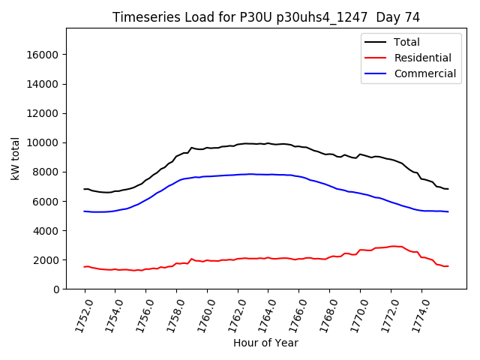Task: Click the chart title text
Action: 265,17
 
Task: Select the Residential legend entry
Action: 422,58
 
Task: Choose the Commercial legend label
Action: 424,73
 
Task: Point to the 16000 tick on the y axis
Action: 43,55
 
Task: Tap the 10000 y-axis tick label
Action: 43,142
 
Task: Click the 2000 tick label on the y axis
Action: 46,260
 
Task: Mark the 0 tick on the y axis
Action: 57,289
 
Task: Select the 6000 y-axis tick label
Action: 46,201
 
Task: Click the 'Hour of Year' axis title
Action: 265,343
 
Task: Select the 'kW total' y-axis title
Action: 16,158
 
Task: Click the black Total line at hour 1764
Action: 268,142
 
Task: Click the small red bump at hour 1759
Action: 192,259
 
